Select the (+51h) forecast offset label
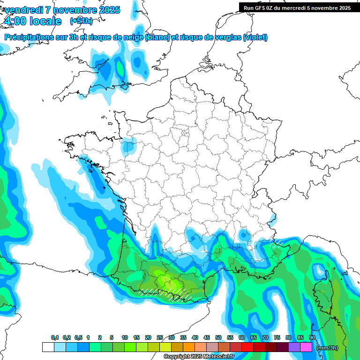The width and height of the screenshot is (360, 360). pos(81,21)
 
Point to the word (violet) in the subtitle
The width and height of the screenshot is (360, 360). pos(255,37)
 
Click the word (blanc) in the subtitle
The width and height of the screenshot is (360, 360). pos(157,37)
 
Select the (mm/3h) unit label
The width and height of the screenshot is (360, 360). pos(327,348)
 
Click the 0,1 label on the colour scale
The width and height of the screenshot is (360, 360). pos(55,337)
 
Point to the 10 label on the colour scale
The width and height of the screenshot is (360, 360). pos(125,337)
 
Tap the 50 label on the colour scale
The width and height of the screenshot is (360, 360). pos(218,337)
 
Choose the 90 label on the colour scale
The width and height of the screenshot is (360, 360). pos(312,337)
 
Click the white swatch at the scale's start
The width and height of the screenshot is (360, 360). pos(48,347)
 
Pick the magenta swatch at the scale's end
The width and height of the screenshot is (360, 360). pos(306,347)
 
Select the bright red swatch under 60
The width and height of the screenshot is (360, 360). pos(247,347)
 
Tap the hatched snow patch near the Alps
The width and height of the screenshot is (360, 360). pos(278,243)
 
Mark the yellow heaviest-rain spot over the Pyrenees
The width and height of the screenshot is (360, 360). pos(166,281)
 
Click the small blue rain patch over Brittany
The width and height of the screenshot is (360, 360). pos(127,147)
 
